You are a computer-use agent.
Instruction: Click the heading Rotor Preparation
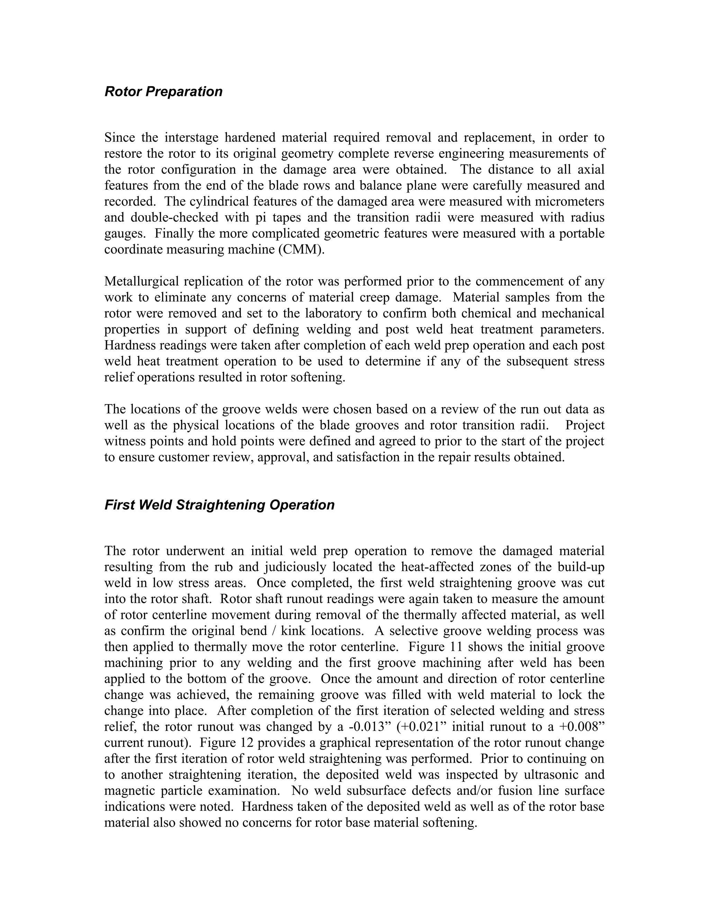coord(163,92)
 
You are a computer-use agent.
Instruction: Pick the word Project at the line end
coord(584,425)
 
